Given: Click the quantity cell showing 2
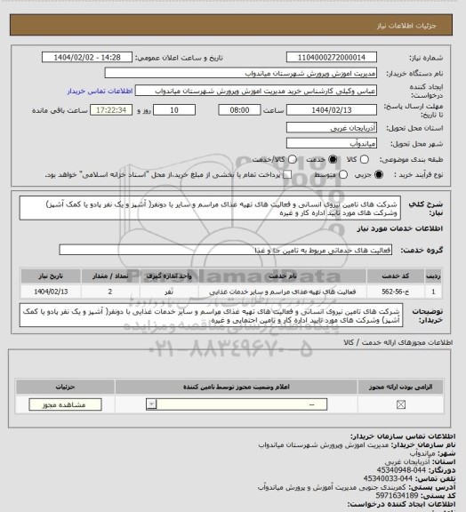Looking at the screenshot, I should pyautogui.click(x=109, y=291).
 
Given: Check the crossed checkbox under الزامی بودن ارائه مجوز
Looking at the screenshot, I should pyautogui.click(x=400, y=405).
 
